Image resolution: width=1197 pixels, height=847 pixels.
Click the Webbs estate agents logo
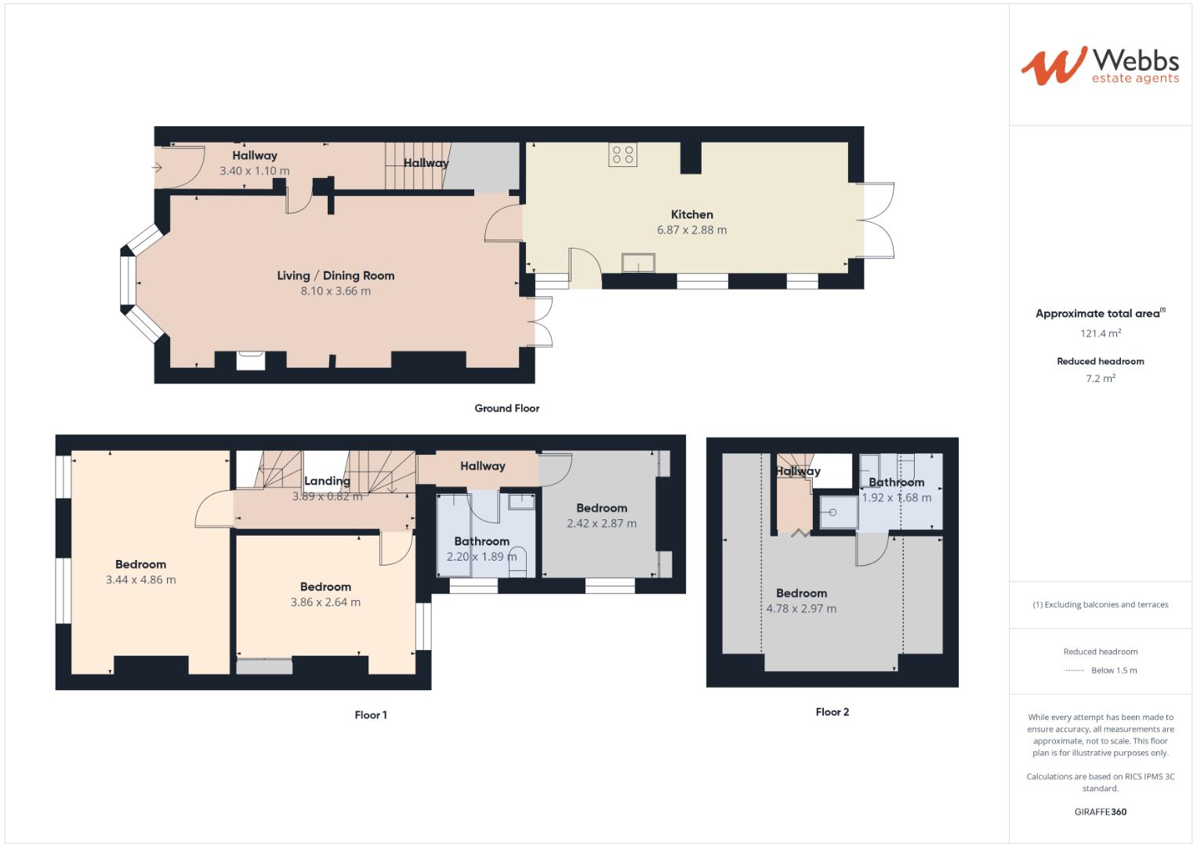pyautogui.click(x=1100, y=66)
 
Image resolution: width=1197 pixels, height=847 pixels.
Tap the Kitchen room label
pyautogui.click(x=691, y=214)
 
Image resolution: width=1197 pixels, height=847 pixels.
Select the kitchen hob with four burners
pyautogui.click(x=623, y=154)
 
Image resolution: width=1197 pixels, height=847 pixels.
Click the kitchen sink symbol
pyautogui.click(x=639, y=263)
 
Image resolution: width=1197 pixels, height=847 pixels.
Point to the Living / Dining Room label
pyautogui.click(x=336, y=275)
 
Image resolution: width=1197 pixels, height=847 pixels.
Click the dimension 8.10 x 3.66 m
pyautogui.click(x=336, y=291)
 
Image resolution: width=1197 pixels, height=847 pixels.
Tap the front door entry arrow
pyautogui.click(x=157, y=167)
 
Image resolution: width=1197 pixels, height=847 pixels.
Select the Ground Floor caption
pyautogui.click(x=506, y=408)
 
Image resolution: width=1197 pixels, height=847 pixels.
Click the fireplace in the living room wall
pyautogui.click(x=252, y=359)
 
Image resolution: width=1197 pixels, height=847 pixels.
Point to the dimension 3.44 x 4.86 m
pyautogui.click(x=140, y=580)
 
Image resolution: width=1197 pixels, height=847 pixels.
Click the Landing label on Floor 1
pyautogui.click(x=327, y=481)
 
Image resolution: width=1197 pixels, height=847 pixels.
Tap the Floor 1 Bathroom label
pyautogui.click(x=481, y=541)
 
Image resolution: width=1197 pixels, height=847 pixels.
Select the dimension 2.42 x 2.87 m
pyautogui.click(x=601, y=524)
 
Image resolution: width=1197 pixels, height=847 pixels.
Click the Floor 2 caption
pyautogui.click(x=832, y=712)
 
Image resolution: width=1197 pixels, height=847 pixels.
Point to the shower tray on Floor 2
pyautogui.click(x=837, y=512)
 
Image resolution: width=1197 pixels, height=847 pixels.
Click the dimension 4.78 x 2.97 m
pyautogui.click(x=801, y=609)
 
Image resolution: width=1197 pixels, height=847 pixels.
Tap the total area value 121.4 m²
pyautogui.click(x=1100, y=333)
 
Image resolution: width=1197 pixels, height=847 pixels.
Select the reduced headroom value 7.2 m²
pyautogui.click(x=1100, y=378)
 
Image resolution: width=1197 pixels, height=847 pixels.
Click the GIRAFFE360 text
pyautogui.click(x=1100, y=812)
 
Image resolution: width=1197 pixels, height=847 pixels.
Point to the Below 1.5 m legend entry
pyautogui.click(x=1113, y=671)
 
